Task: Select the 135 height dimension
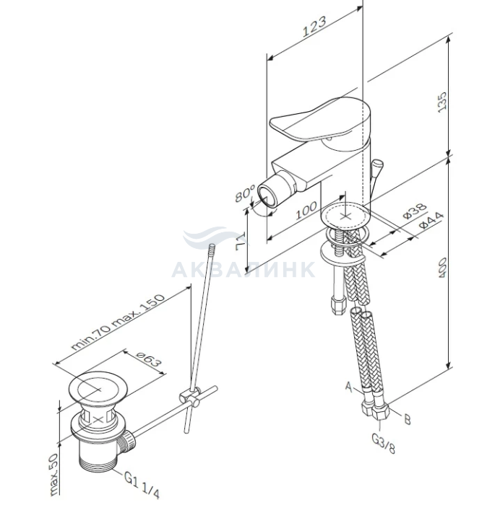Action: [442, 102]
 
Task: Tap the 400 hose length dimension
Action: [441, 268]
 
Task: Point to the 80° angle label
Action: [244, 193]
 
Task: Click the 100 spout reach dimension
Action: [306, 210]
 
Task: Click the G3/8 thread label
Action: [384, 443]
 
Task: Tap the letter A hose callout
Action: [349, 386]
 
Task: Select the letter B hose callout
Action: [408, 420]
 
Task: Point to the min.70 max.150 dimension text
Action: [118, 322]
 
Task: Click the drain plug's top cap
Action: [99, 388]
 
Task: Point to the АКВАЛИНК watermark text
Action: [243, 270]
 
